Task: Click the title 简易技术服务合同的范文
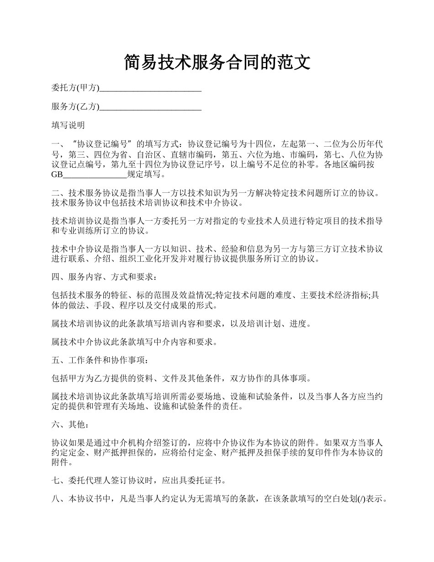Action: [x=217, y=62]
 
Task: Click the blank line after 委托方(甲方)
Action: [x=150, y=88]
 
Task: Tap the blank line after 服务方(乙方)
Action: [x=150, y=107]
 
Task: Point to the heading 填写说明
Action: [x=68, y=125]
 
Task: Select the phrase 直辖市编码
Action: [x=196, y=154]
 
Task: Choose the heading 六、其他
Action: [x=69, y=425]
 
